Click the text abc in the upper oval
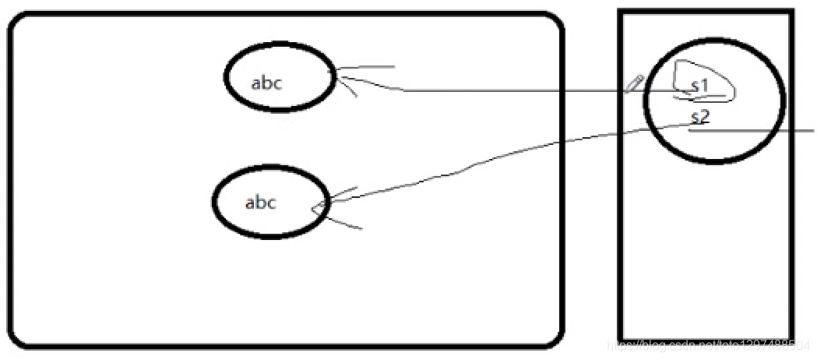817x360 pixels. (266, 83)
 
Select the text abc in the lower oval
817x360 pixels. (261, 203)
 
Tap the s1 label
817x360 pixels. (699, 86)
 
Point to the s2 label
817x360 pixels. (700, 118)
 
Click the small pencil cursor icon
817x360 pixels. (632, 84)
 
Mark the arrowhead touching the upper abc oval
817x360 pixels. (340, 77)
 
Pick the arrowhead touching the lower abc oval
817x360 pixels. (319, 207)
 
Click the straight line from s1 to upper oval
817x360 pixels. (506, 91)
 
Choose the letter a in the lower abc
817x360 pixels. (250, 204)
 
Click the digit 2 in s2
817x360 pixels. (705, 118)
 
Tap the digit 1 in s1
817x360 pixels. (704, 86)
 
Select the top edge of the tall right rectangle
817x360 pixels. (706, 11)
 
